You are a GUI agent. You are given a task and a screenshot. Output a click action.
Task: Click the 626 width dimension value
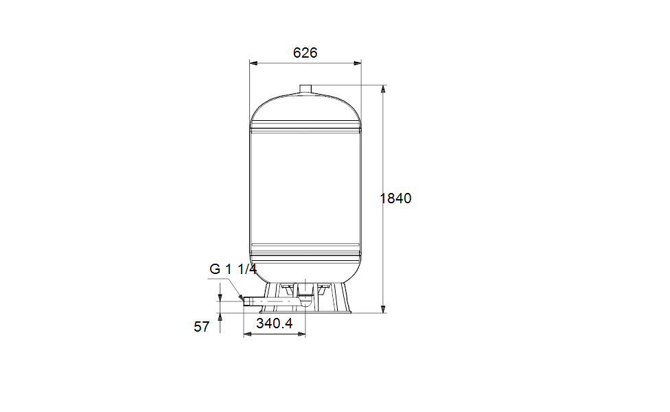305,53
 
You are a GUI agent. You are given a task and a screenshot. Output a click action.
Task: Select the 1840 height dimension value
395,198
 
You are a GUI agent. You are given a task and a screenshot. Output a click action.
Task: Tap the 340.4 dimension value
275,323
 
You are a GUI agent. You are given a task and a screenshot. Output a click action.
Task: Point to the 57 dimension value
202,327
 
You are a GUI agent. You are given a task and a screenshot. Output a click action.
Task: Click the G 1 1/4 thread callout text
233,269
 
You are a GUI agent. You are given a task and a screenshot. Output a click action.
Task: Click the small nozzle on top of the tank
305,89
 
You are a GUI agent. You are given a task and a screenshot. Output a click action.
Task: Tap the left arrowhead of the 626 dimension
253,63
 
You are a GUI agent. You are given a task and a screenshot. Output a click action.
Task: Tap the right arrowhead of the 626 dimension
357,63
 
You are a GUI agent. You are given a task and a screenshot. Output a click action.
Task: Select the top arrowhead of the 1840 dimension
383,89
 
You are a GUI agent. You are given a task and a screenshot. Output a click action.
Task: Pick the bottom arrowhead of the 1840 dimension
383,309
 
